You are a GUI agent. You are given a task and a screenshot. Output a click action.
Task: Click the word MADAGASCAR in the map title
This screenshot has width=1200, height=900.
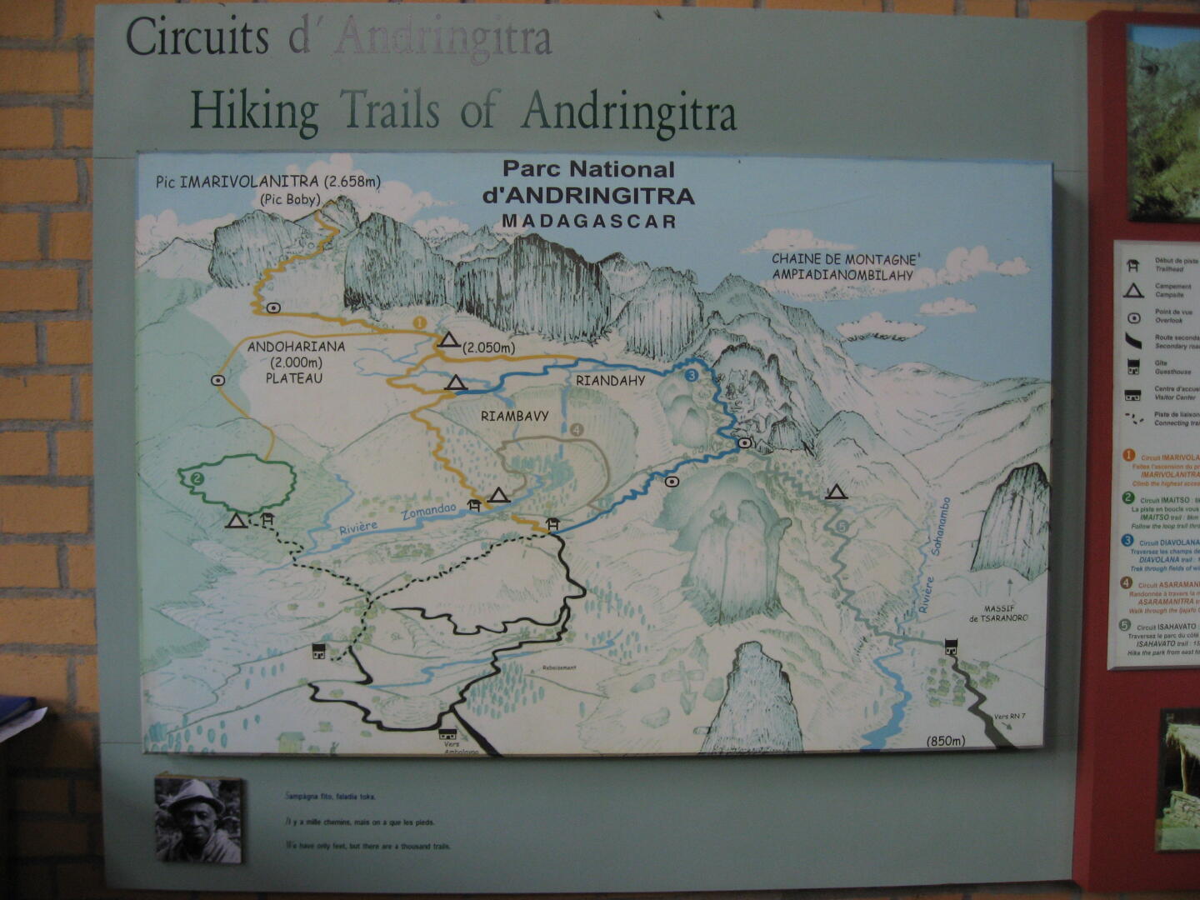[x=588, y=222]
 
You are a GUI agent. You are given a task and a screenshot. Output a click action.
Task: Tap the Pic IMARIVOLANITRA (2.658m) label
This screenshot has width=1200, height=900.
[x=268, y=182]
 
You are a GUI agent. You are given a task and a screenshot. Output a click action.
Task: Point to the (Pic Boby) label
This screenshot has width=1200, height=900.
[x=290, y=200]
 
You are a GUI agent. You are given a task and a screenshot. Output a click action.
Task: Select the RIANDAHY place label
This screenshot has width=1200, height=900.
[x=610, y=381]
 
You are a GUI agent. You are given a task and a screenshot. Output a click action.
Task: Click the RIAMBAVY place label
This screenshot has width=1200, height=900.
[x=514, y=415]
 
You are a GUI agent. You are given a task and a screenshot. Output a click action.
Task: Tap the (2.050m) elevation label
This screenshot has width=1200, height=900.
[x=489, y=347]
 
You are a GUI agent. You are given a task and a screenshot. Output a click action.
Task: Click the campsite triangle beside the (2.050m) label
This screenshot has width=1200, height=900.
[x=449, y=339]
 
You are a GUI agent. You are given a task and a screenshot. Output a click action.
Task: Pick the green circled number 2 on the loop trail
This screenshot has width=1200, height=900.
[x=197, y=478]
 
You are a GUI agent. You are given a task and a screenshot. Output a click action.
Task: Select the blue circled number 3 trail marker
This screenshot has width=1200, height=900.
[x=691, y=376]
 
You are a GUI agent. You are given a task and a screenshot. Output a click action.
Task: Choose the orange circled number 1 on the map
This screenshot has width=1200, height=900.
[x=419, y=322]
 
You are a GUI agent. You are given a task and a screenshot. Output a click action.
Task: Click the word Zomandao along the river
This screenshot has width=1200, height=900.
[x=428, y=511]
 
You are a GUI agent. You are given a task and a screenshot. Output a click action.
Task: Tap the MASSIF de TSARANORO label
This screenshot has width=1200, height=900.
[x=998, y=613]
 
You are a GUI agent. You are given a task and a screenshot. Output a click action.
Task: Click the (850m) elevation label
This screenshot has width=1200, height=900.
[x=945, y=741]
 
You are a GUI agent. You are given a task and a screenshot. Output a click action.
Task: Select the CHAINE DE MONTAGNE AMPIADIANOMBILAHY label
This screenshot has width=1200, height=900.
[x=843, y=267]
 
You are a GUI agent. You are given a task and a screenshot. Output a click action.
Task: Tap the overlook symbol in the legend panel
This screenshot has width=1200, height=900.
[x=1133, y=317]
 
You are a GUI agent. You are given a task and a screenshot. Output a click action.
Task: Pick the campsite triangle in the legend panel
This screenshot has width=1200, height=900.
[x=1132, y=291]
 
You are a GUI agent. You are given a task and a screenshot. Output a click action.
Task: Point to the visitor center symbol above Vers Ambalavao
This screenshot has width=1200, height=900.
[x=447, y=734]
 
